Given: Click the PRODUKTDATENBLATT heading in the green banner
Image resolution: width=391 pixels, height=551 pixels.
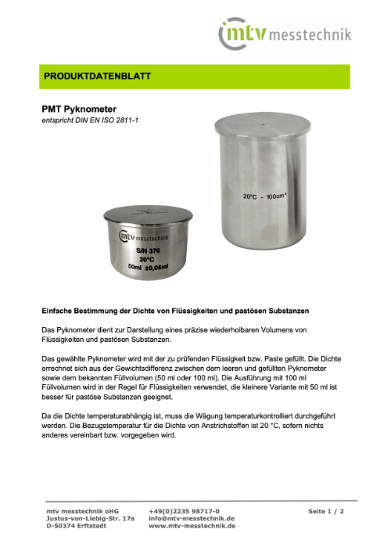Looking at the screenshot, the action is coord(96,77).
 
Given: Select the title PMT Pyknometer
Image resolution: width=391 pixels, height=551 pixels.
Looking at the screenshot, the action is coord(79,110).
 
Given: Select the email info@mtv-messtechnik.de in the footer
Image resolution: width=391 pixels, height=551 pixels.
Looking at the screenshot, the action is coord(192,518).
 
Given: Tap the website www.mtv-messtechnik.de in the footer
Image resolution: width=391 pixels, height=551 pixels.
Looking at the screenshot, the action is coord(192,527).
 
